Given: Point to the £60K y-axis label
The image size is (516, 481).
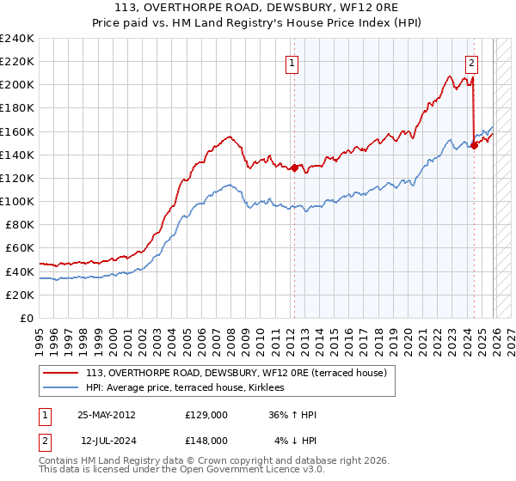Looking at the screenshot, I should pyautogui.click(x=19, y=248).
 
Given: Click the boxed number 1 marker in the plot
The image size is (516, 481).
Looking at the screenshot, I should pyautogui.click(x=292, y=62).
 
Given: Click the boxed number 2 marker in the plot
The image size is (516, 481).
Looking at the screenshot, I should pyautogui.click(x=472, y=62).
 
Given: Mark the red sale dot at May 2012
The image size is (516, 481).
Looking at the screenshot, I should pyautogui.click(x=294, y=167).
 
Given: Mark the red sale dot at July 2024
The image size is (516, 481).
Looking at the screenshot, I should pyautogui.click(x=474, y=145).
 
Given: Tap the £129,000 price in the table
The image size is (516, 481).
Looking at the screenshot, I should pyautogui.click(x=206, y=415).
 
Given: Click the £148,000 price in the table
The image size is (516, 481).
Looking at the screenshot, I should pyautogui.click(x=206, y=440).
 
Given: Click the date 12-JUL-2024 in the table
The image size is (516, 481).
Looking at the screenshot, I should pyautogui.click(x=107, y=440).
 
